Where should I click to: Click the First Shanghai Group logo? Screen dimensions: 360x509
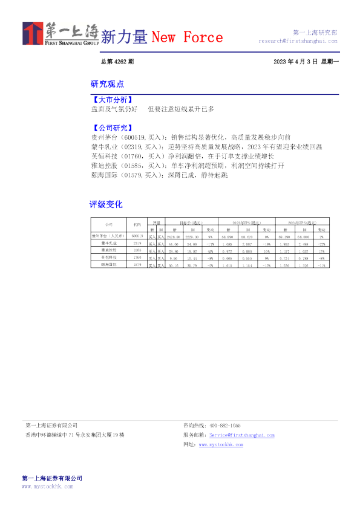[61, 33]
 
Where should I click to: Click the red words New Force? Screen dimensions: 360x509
[186, 37]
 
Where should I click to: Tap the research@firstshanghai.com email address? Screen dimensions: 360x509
[298, 42]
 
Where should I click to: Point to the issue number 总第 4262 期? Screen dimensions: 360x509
[117, 62]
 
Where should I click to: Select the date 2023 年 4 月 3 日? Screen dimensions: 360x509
[295, 62]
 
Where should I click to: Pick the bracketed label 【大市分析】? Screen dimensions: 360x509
[111, 99]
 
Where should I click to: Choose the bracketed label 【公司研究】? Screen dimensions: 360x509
[111, 128]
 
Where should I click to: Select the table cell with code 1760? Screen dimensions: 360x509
[137, 256]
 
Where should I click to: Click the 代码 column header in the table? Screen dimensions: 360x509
[137, 224]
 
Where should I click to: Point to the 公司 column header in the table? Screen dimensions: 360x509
[108, 224]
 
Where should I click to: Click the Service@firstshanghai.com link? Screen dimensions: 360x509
[241, 435]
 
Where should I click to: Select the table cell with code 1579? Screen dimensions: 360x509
[137, 264]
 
